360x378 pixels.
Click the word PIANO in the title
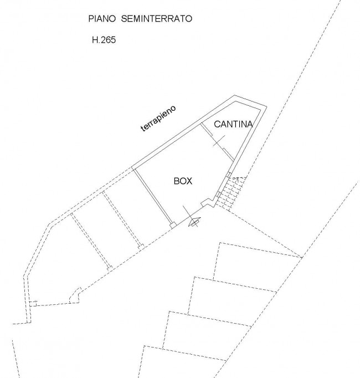point(102,18)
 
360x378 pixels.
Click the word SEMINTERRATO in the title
point(156,18)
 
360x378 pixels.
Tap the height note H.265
point(104,40)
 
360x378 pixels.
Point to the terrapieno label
point(158,119)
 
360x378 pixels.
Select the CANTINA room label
point(233,124)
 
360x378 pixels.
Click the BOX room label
point(183,181)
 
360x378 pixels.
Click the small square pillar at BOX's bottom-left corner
point(173,226)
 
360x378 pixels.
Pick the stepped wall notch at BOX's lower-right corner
point(207,202)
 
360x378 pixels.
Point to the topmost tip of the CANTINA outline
point(234,96)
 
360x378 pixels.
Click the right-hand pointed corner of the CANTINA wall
point(266,106)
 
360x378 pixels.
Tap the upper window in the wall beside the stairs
point(228,175)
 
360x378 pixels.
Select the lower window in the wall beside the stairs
point(218,195)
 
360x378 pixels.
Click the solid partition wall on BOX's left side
point(153,196)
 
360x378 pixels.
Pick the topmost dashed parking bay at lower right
point(258,262)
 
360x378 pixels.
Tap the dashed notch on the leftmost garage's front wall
point(75,295)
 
